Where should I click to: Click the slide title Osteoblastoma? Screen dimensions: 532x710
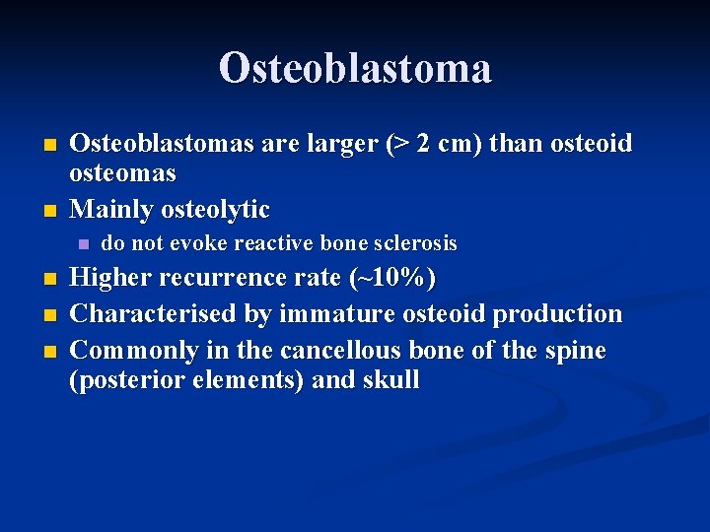click(355, 68)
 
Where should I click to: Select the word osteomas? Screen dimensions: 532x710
click(122, 173)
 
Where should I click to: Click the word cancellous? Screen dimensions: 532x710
click(340, 351)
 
